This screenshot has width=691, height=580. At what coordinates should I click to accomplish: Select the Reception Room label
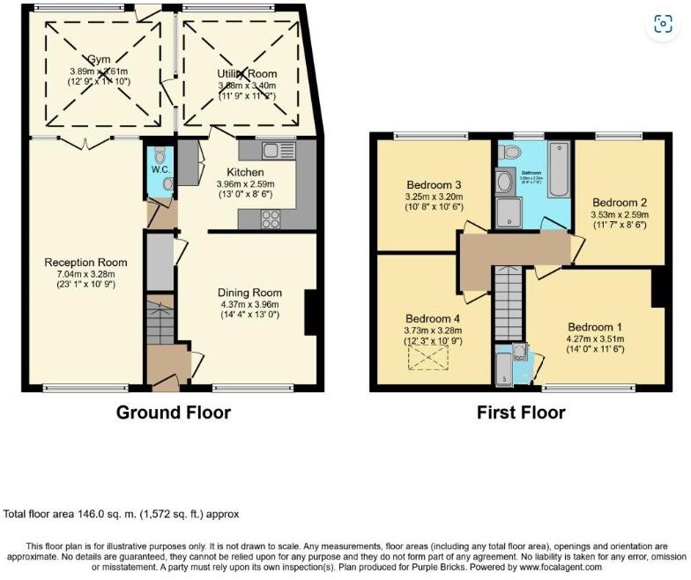click(85, 263)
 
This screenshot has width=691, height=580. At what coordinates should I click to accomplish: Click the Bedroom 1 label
click(594, 323)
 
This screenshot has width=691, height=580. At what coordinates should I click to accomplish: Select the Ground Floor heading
click(173, 413)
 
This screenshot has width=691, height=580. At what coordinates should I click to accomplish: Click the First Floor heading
click(520, 413)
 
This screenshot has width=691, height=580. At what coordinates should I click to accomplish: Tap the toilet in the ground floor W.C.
click(159, 156)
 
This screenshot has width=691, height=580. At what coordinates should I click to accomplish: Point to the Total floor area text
click(121, 514)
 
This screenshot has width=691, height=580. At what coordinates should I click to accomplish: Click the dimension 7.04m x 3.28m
click(85, 274)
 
